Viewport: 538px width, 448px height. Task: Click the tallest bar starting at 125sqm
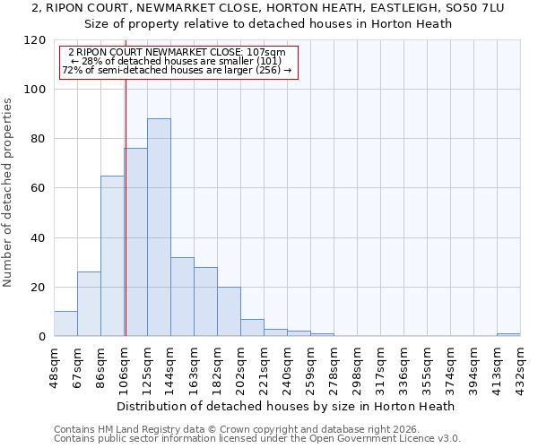tap(159, 228)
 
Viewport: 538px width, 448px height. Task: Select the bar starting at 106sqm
tap(135, 242)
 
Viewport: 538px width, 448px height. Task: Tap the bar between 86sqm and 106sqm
tap(112, 256)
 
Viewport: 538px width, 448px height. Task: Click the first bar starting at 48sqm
tap(65, 323)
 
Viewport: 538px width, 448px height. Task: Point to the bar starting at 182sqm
tap(229, 312)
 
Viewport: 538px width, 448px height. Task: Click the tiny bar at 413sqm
tap(508, 334)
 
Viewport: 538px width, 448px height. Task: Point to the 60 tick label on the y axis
tap(38, 188)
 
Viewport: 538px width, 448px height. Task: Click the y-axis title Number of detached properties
tap(8, 193)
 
